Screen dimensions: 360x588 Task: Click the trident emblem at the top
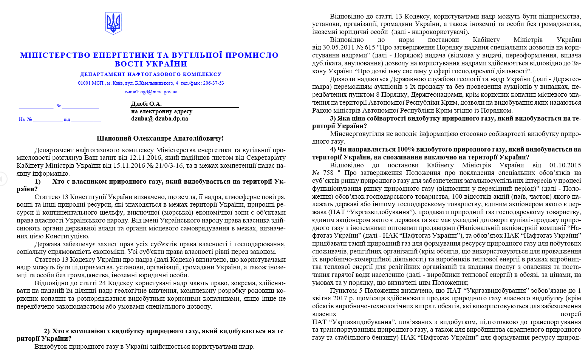coord(113,23)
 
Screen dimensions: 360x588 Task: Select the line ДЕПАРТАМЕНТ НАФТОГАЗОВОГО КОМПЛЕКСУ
coord(151,74)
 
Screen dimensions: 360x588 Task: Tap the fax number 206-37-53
coord(214,83)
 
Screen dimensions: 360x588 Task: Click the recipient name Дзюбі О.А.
coord(146,104)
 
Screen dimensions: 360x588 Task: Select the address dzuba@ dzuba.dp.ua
coord(159,119)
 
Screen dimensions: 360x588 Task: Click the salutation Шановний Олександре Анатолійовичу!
coord(160,139)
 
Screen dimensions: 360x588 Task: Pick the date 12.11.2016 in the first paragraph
coord(145,158)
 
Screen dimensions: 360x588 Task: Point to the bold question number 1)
coord(38,181)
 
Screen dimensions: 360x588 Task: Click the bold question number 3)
coord(333,118)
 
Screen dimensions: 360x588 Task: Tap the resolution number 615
coord(370,48)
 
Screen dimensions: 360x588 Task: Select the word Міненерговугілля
coord(354,134)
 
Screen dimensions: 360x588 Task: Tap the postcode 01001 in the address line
coord(85,83)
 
